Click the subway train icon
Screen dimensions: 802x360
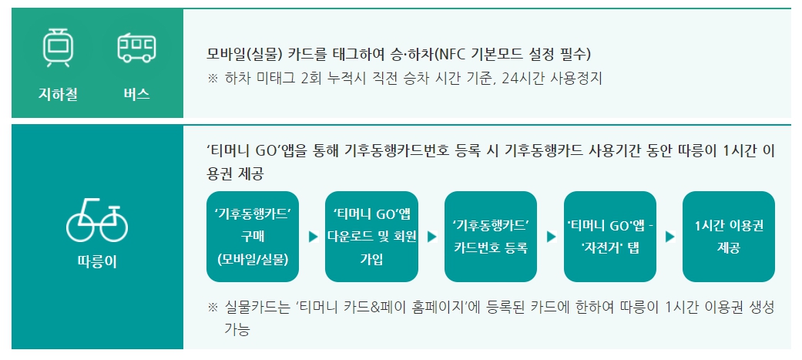point(58,49)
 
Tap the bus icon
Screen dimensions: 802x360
point(136,48)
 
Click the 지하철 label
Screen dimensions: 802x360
point(58,95)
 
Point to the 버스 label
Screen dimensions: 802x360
point(136,95)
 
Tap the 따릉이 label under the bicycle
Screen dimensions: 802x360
point(97,262)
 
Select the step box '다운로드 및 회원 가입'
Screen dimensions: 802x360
point(371,236)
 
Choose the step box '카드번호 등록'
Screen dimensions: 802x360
point(490,236)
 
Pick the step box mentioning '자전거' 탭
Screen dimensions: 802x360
point(609,236)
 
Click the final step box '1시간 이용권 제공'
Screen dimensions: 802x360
point(728,236)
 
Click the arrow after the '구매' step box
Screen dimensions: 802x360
point(312,237)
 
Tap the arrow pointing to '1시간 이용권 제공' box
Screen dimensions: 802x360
point(669,237)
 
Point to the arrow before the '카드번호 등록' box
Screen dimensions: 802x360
point(431,237)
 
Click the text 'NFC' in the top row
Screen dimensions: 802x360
point(450,55)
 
